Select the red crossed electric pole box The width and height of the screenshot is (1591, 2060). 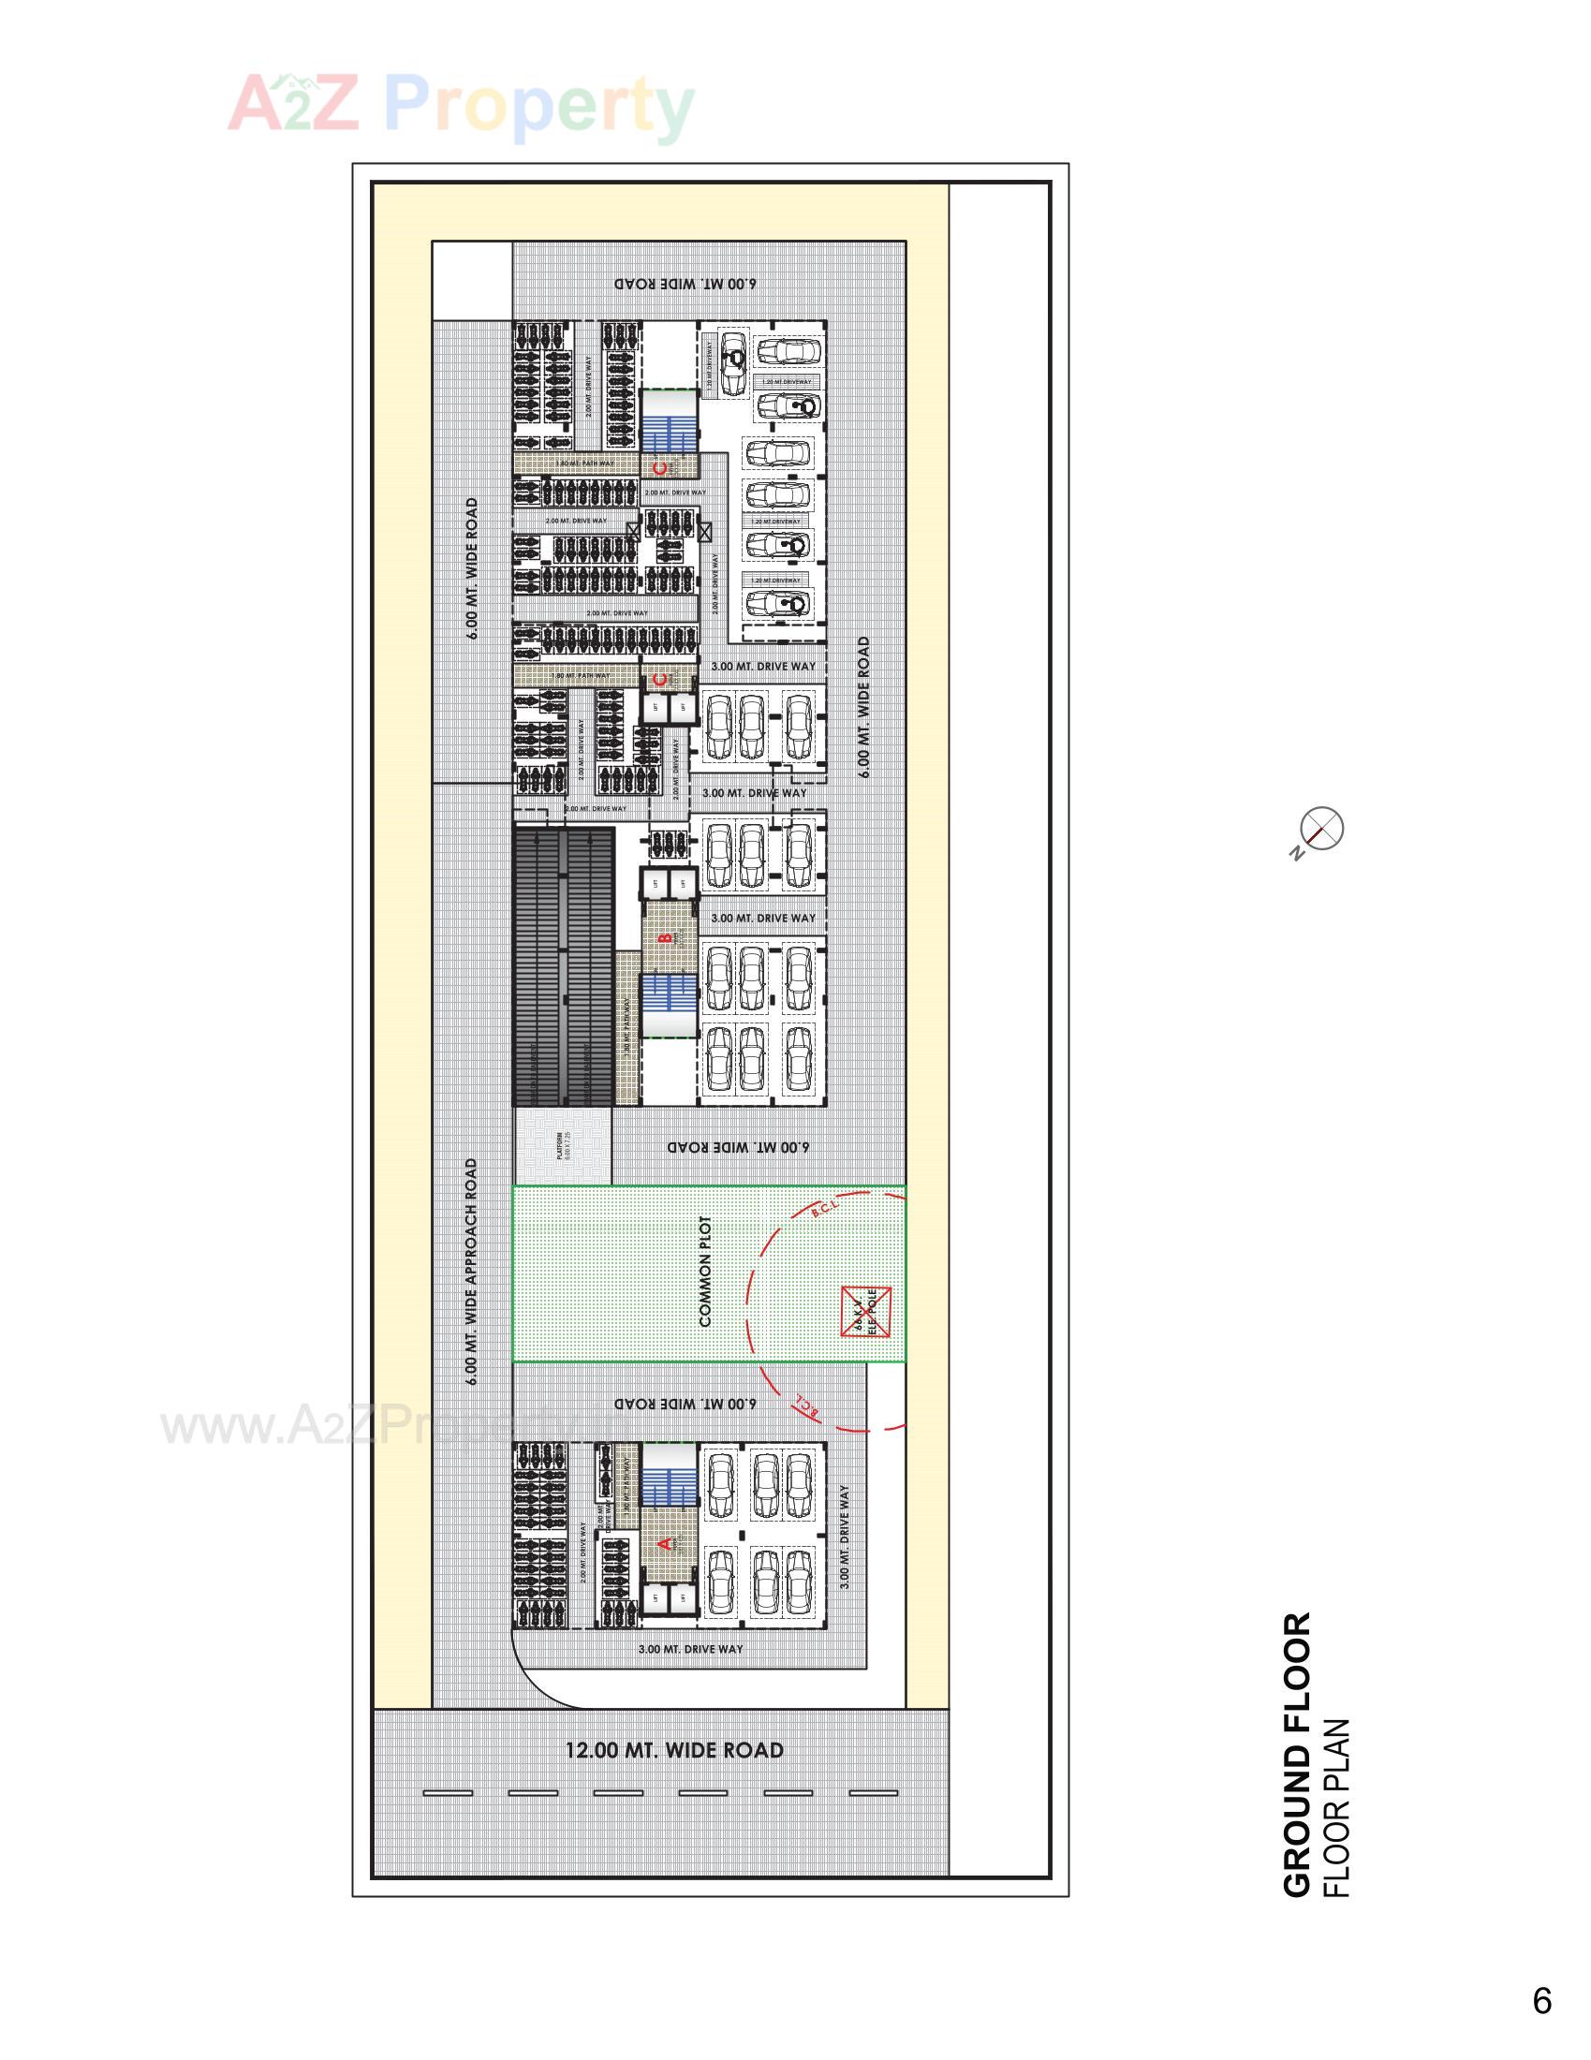click(865, 1311)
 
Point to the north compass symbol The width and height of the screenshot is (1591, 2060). click(1320, 829)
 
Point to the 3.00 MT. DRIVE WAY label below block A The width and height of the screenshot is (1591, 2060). click(690, 1649)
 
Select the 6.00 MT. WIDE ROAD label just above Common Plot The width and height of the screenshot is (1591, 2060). click(739, 1147)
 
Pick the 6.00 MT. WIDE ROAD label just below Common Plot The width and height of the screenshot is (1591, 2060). click(685, 1404)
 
